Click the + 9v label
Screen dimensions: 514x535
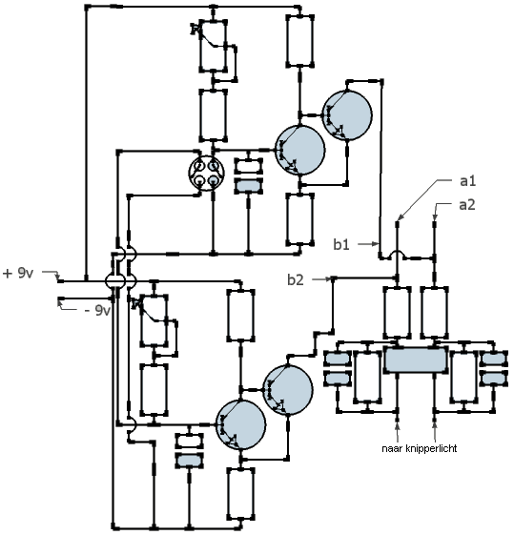click(18, 274)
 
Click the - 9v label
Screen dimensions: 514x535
click(98, 310)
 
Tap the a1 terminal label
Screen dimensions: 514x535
click(467, 181)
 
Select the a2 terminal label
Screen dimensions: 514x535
click(467, 205)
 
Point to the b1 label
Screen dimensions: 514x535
click(341, 244)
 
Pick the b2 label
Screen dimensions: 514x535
click(296, 279)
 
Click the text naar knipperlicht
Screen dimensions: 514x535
click(420, 448)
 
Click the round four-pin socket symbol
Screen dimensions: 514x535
click(206, 173)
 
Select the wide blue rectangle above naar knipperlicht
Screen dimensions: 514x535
click(416, 359)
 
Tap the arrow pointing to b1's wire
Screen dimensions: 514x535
click(370, 243)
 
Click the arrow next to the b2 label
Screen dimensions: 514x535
click(322, 279)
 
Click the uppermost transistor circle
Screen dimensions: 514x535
click(347, 115)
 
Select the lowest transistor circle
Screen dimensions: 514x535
click(241, 424)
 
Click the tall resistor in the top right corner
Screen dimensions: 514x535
click(299, 41)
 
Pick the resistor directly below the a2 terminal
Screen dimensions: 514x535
click(434, 313)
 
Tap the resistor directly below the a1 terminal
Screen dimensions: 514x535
click(397, 313)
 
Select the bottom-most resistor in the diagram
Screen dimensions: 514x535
click(241, 494)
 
